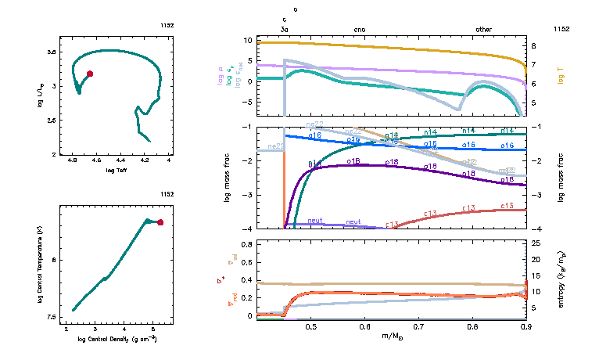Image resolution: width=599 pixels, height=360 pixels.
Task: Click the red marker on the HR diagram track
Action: coord(90,74)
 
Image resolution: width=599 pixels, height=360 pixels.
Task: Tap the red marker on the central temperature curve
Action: coord(160,222)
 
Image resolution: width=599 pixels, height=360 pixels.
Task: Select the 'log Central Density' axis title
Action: coord(118,339)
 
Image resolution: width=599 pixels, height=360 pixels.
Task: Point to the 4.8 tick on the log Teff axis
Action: coord(73,160)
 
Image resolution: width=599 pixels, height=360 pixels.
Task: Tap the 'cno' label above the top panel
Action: coord(360,29)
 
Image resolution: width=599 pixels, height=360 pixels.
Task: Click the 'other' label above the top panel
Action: coord(484,29)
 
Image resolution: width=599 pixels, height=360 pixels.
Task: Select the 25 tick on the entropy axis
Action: coord(536,244)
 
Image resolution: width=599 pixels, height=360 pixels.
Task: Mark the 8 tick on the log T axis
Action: coord(533,46)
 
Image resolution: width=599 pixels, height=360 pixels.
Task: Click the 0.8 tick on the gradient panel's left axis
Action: coord(246,244)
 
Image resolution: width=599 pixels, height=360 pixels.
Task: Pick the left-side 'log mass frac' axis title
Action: coord(228,178)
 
